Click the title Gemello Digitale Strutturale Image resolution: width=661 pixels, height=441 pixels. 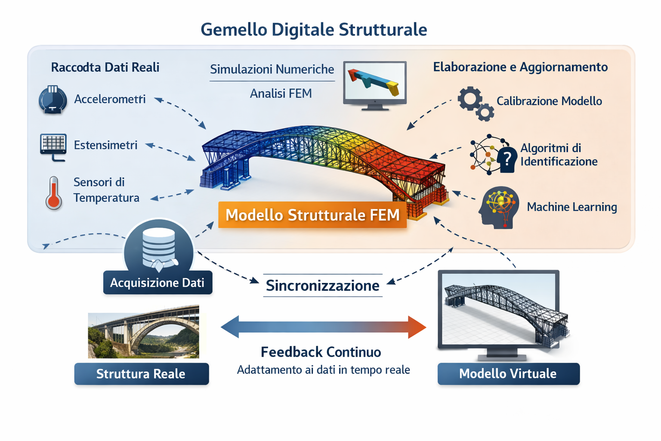coord(314,30)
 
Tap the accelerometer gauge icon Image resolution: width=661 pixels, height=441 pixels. coord(53,99)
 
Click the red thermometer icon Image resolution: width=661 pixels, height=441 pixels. coord(53,193)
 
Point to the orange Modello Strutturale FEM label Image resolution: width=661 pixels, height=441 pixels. coord(312,214)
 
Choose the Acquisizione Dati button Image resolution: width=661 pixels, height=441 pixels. coord(158,283)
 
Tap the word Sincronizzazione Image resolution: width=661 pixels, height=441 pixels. coord(322,286)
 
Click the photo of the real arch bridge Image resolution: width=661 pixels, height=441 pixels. coord(144,332)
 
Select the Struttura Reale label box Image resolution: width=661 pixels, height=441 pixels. coord(141,374)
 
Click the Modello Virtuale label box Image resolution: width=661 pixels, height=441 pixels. coord(508,374)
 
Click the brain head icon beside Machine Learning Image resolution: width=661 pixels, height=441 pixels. coord(499,207)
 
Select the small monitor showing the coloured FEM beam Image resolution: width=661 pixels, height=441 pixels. coord(374,84)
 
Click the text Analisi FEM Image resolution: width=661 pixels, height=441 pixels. coord(281,93)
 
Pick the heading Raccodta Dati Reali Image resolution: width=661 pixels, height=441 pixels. coord(105,67)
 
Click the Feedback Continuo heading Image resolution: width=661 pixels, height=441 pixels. coord(321,352)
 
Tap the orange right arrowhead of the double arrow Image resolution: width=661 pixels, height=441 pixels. coord(416,327)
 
